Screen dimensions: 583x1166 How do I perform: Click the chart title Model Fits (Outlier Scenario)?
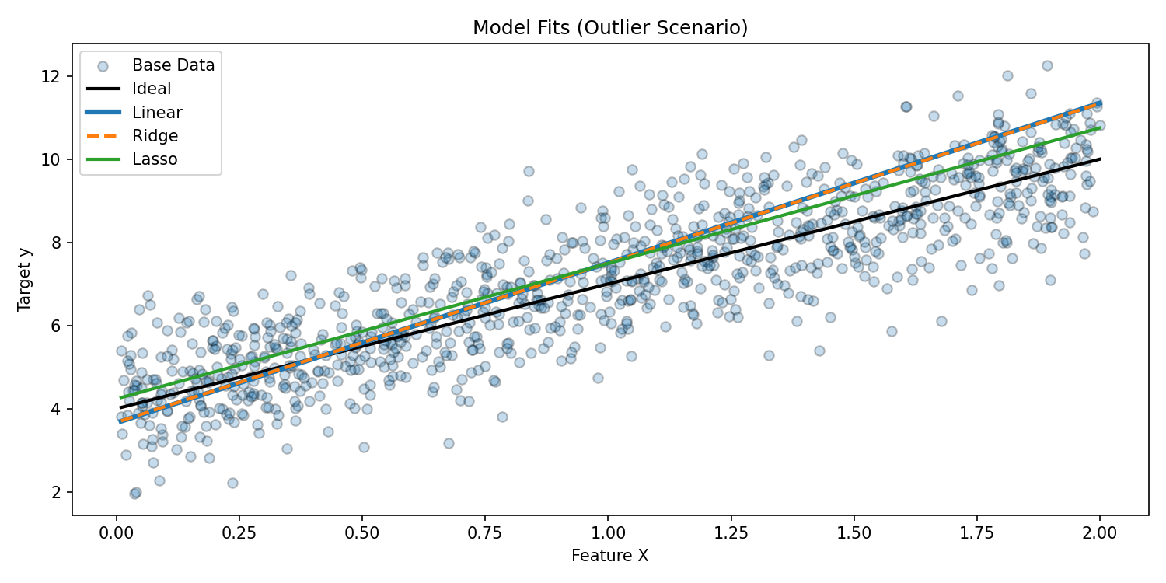[x=610, y=28]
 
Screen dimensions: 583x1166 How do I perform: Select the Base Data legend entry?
[x=173, y=65]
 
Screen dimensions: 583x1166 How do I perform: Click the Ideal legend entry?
[x=152, y=89]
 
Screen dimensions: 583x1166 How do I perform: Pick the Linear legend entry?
[x=157, y=112]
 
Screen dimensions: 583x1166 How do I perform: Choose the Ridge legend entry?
[x=155, y=136]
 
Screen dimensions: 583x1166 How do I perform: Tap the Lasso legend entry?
[x=155, y=159]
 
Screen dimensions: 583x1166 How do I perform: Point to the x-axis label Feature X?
[x=609, y=556]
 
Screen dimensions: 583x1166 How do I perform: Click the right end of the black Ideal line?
[x=1100, y=159]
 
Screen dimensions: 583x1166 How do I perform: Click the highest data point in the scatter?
[x=1047, y=66]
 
